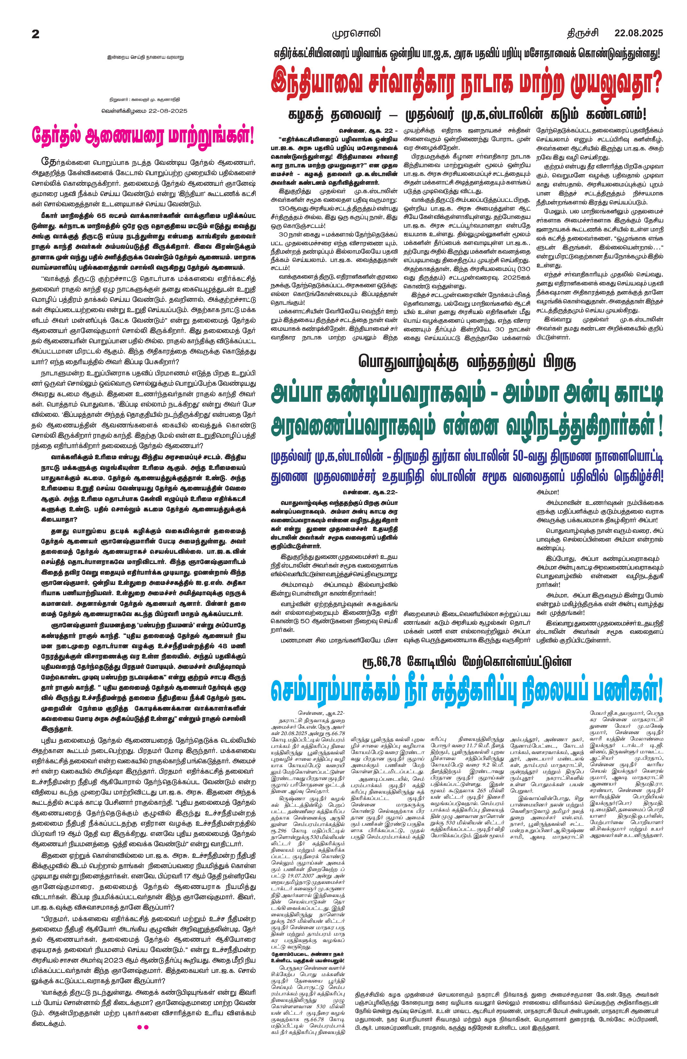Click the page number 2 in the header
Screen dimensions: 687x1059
[x=36, y=34]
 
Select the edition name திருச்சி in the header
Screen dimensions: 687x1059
[x=582, y=33]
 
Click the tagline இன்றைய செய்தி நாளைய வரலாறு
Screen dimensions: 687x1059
[x=145, y=58]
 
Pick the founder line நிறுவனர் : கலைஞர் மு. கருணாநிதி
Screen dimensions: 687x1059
[x=145, y=100]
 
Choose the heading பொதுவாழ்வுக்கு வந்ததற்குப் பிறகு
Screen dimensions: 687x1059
[x=467, y=362]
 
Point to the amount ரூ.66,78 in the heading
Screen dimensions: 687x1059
[x=382, y=662]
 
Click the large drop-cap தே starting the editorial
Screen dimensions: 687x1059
[x=48, y=161]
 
